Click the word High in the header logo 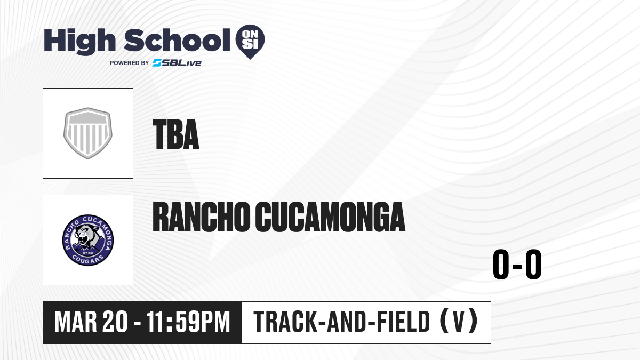[79, 41]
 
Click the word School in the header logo [177, 39]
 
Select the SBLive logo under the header [177, 63]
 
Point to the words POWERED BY [130, 63]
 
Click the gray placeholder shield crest [88, 133]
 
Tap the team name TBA [176, 134]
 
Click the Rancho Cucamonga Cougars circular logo [88, 240]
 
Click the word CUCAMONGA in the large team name [330, 217]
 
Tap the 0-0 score [517, 265]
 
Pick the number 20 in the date [115, 322]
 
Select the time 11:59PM [188, 322]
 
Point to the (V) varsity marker [459, 321]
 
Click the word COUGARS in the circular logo [87, 259]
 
